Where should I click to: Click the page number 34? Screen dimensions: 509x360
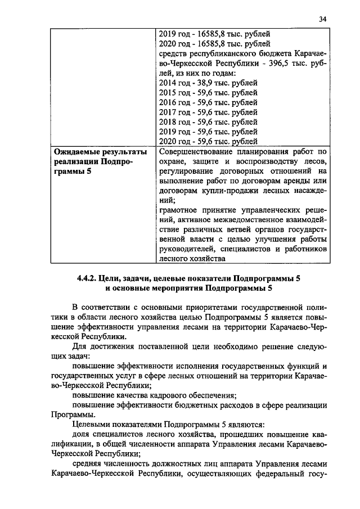(x=322, y=19)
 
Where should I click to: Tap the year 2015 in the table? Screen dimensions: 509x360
(x=169, y=92)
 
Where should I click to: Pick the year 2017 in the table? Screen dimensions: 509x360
(x=169, y=112)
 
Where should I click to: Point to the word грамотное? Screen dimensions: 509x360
(x=179, y=209)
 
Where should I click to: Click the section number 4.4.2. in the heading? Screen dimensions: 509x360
(x=87, y=278)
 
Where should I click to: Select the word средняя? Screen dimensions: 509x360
(x=88, y=465)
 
